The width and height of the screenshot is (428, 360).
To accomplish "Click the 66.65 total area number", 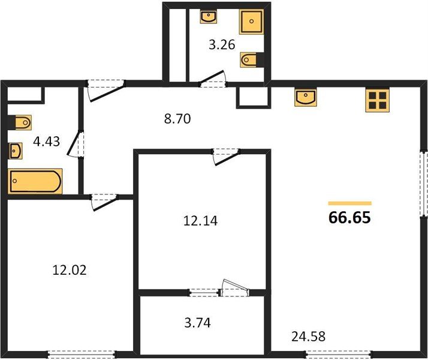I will [350, 217].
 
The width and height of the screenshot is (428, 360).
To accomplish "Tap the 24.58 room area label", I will [309, 336].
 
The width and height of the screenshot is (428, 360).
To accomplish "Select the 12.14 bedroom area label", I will [200, 221].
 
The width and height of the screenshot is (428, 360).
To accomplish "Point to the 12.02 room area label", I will [70, 270].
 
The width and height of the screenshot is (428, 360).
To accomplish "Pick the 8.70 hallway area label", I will [177, 119].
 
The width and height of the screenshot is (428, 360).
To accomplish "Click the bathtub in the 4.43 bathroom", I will [35, 181].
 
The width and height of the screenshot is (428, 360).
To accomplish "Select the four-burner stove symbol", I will [378, 100].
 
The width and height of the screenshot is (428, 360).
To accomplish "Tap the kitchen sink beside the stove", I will [306, 97].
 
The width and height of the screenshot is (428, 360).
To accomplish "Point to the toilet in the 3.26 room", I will [250, 59].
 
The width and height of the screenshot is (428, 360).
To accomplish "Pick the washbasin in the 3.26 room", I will [209, 16].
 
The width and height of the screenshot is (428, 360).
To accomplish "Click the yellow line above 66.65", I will [350, 203].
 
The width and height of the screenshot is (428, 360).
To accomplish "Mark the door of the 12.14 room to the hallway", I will [227, 155].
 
